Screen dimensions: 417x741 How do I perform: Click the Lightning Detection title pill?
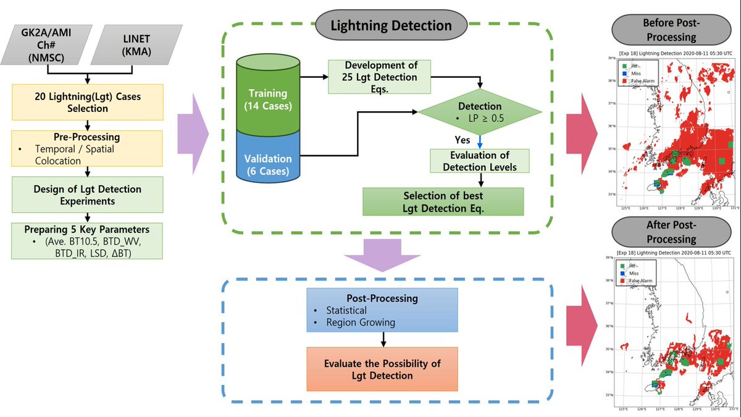(x=390, y=26)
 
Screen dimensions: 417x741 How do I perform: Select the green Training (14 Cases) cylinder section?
(x=268, y=98)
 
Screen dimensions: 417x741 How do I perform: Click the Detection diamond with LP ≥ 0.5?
(x=480, y=112)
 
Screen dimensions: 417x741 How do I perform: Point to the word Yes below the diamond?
(x=463, y=140)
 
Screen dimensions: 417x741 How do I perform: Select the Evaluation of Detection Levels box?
(x=480, y=161)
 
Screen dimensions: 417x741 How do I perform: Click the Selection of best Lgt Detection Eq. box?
(x=443, y=201)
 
